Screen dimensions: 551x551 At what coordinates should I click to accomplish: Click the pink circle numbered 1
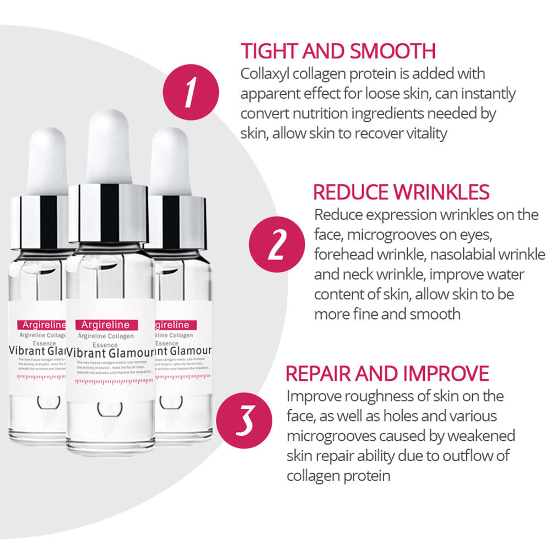[x=191, y=91]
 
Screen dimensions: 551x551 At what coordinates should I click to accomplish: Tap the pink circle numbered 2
[x=276, y=246]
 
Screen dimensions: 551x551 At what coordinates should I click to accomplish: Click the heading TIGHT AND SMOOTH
[x=338, y=51]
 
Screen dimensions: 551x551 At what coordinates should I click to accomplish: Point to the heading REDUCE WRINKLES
[x=401, y=192]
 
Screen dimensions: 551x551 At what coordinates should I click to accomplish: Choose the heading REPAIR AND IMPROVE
[x=387, y=373]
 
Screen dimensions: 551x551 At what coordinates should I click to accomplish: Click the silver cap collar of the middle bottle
[x=108, y=212]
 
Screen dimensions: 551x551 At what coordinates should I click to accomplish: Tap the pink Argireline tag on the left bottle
[x=41, y=325]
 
